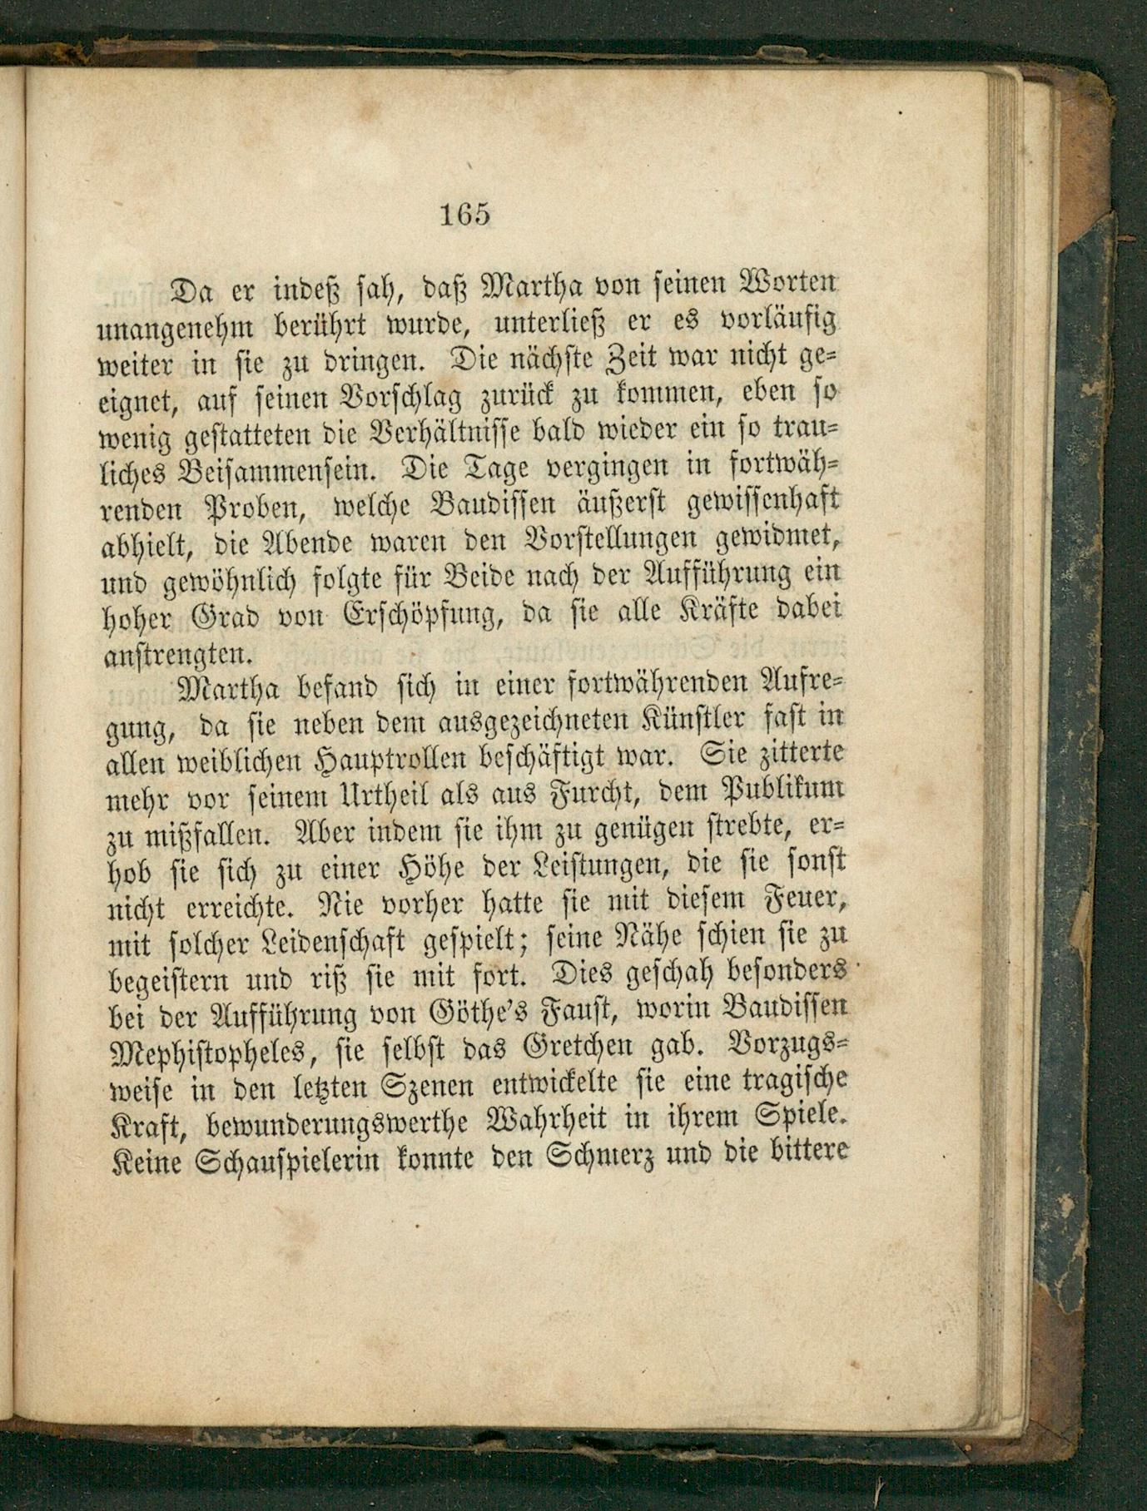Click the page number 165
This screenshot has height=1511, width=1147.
tap(464, 214)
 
